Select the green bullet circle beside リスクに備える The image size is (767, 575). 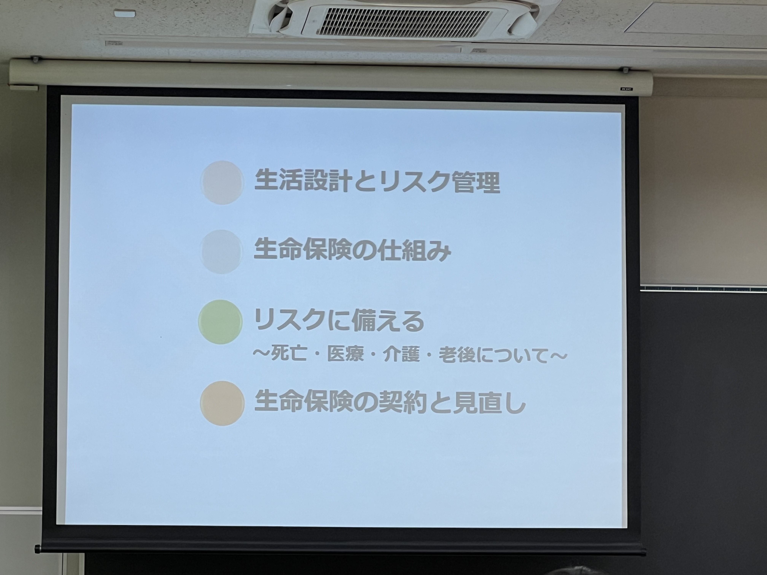[x=220, y=322]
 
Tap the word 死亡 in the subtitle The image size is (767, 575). [x=289, y=355]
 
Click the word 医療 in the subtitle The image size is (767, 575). [x=345, y=355]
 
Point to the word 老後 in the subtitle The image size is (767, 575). [x=457, y=355]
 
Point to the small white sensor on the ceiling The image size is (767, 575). [x=125, y=14]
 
